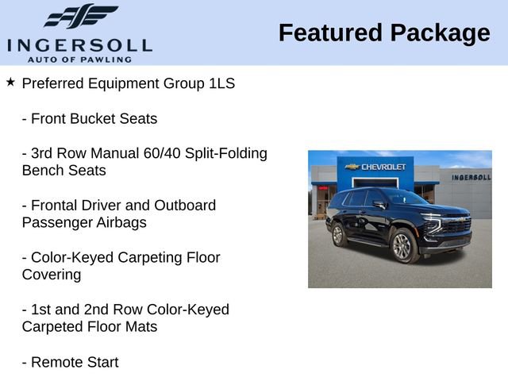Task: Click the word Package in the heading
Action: (441, 33)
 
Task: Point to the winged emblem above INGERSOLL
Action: (80, 17)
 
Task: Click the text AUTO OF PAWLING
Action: (79, 59)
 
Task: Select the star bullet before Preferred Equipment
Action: (10, 82)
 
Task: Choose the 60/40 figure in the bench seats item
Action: (159, 153)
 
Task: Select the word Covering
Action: (52, 275)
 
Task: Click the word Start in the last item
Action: (101, 362)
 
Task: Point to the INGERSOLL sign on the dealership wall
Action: (471, 177)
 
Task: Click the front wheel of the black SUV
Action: (402, 246)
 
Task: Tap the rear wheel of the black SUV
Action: (338, 234)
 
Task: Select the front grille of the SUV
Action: (456, 226)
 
